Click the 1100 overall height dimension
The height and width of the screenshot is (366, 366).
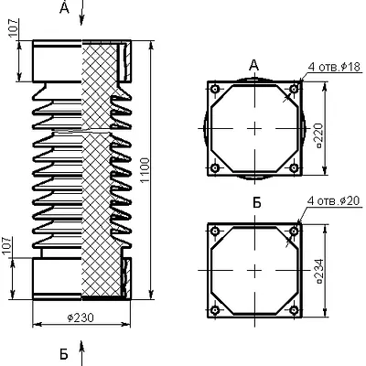[145, 170]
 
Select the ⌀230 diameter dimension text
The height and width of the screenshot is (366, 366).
[81, 318]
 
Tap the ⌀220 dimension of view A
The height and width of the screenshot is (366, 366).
[319, 135]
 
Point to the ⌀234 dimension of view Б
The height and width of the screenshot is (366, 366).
[319, 272]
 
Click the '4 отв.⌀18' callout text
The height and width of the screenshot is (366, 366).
[334, 67]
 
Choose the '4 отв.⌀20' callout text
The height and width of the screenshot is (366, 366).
[334, 200]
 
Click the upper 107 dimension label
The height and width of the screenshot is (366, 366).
[14, 27]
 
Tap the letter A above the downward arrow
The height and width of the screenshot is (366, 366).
[64, 8]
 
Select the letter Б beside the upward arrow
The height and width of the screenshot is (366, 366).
[63, 354]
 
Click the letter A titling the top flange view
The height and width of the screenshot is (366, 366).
[253, 65]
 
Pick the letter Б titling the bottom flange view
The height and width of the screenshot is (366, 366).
[257, 202]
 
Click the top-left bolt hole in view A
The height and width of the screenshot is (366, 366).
[215, 89]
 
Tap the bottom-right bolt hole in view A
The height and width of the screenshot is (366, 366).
[294, 167]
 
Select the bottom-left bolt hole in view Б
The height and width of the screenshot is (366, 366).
[215, 310]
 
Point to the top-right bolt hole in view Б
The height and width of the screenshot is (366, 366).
[294, 231]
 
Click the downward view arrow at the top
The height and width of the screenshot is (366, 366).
[81, 13]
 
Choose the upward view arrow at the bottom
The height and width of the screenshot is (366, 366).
[81, 353]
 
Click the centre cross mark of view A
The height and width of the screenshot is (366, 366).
[254, 129]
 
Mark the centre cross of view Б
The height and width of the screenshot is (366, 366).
[254, 270]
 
